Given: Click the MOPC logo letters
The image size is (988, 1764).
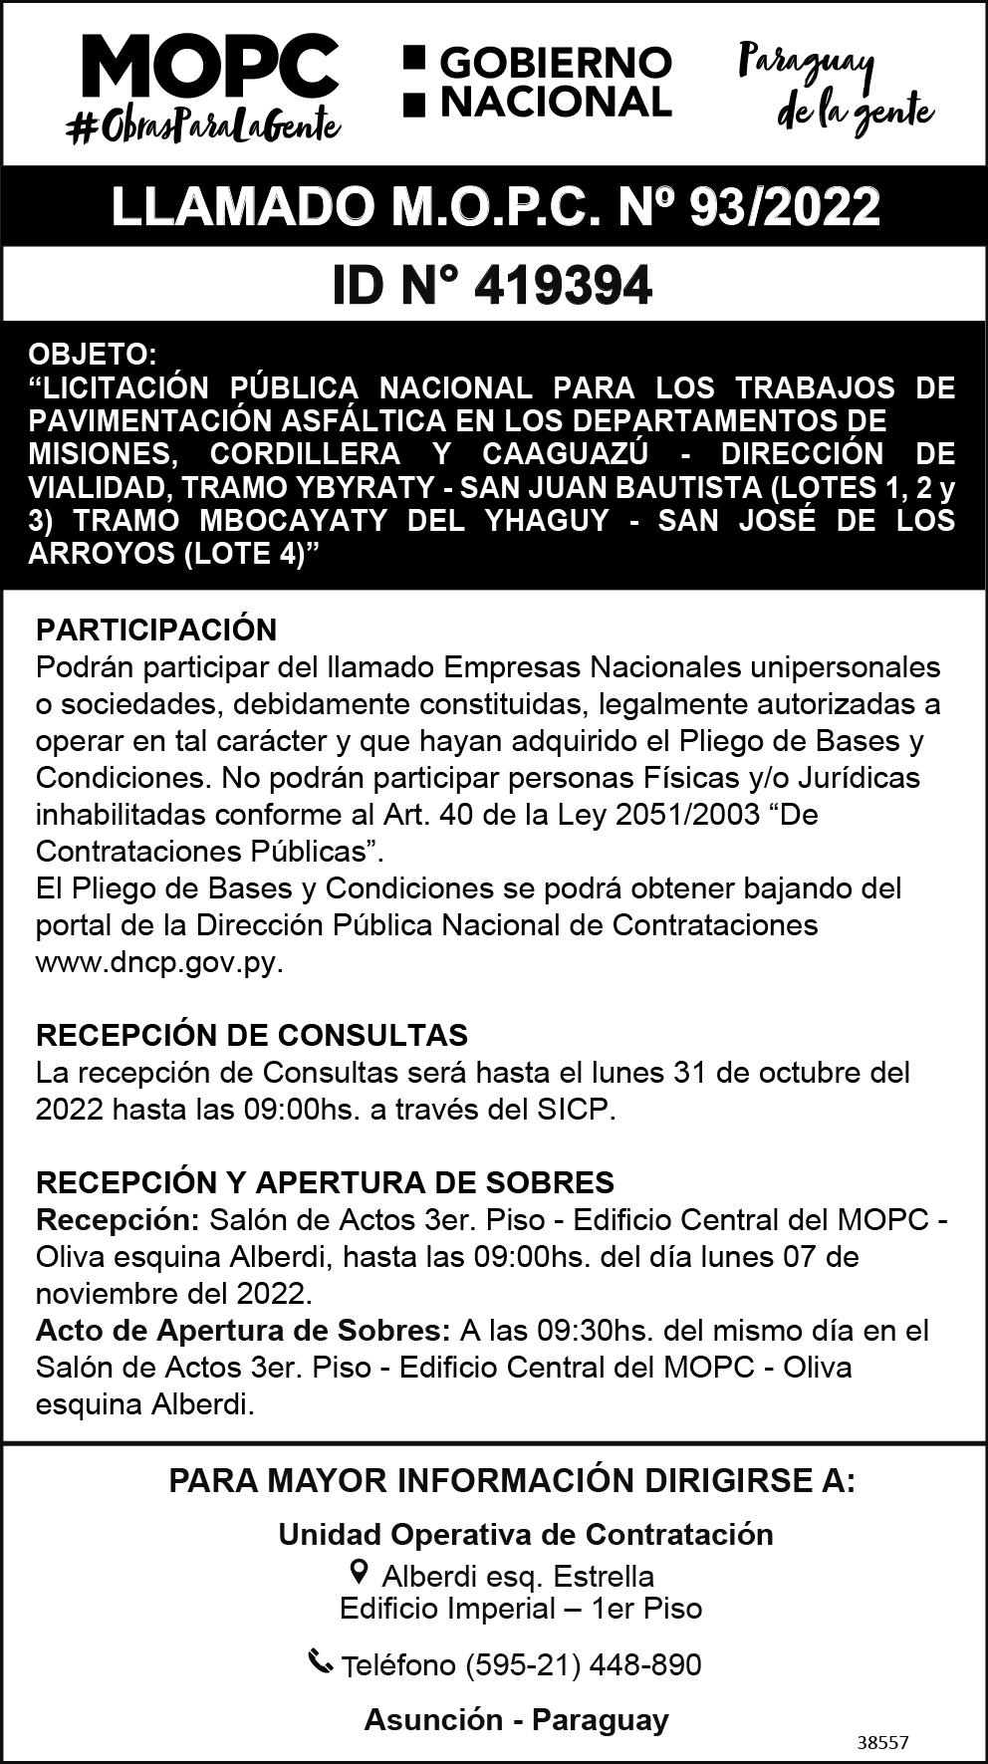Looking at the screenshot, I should tap(209, 68).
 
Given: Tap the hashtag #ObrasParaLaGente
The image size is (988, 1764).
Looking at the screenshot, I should tap(203, 127).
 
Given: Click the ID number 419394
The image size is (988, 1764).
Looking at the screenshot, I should tap(563, 286).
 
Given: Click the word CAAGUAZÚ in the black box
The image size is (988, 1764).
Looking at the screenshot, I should tap(565, 454).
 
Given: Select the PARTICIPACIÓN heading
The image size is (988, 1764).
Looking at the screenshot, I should tap(156, 630).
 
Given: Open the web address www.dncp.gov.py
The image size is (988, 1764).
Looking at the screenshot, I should tap(159, 964).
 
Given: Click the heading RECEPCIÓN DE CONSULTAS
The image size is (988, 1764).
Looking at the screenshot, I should tap(251, 1035).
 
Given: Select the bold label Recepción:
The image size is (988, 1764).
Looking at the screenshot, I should tap(119, 1219).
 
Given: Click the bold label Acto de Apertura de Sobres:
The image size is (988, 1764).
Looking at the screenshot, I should tap(243, 1331).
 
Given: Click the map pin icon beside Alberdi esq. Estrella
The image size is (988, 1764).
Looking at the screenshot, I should tap(360, 1573).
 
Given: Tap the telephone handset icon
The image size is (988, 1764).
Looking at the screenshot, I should tap(320, 1661).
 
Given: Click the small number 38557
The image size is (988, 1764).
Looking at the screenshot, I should tap(882, 1743).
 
